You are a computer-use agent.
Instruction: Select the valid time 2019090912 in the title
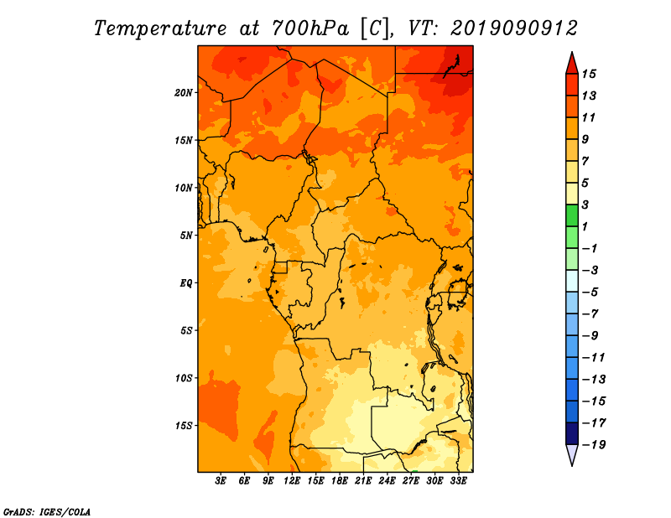coord(514,28)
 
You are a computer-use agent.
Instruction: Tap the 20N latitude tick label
coord(185,92)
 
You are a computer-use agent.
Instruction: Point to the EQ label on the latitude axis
coord(186,283)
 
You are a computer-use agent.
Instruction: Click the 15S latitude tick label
coord(185,425)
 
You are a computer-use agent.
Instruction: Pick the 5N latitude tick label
coord(186,236)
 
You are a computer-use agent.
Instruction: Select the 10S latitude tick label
coord(185,378)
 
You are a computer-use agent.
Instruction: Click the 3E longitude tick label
coord(221,481)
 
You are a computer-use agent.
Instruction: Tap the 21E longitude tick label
coord(363,481)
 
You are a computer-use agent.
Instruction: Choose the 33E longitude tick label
coord(458,481)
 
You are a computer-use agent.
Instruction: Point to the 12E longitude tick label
coord(292,481)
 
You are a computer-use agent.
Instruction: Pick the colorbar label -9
coord(589,335)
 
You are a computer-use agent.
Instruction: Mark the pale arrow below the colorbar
coord(571,455)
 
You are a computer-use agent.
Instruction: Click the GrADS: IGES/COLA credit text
coord(46,510)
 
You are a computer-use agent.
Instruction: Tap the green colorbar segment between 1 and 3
coord(571,216)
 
